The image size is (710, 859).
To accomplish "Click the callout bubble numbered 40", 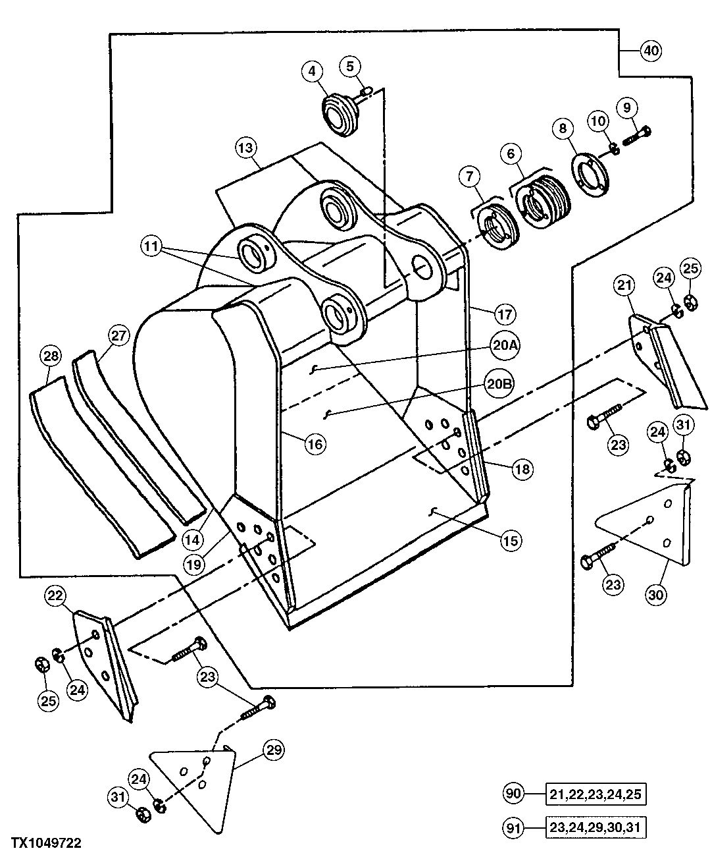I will click(650, 51).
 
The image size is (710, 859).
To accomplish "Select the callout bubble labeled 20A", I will click(503, 344).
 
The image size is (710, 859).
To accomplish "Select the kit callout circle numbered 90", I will click(514, 794).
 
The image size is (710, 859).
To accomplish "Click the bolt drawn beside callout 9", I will click(636, 136).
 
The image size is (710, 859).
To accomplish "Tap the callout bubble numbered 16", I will click(315, 444).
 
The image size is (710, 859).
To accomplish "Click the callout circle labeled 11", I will click(151, 247).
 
